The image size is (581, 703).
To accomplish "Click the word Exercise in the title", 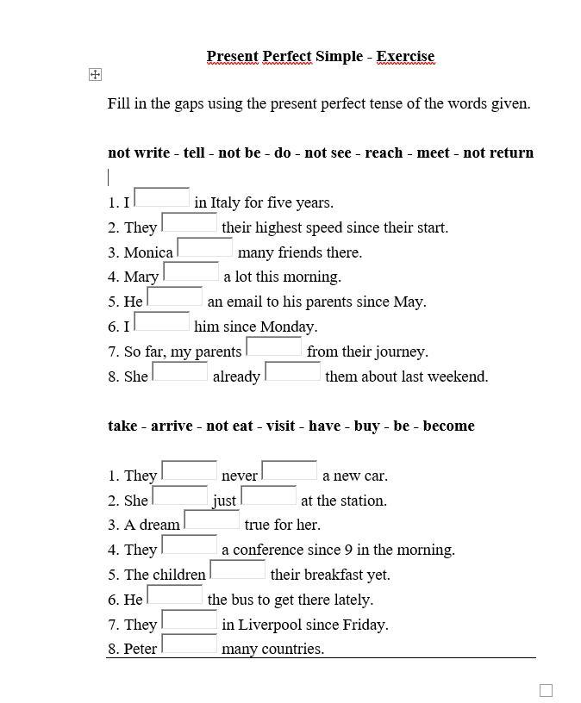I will (405, 57).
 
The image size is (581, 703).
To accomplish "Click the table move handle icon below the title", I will (95, 75).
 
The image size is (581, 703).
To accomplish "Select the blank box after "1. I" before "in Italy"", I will (161, 198).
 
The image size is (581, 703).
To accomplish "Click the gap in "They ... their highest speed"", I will (189, 223).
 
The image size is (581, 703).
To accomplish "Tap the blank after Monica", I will (204, 248).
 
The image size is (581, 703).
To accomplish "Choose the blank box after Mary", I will (191, 272).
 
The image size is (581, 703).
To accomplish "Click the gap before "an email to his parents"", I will (174, 297).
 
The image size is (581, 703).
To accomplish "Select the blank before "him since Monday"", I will (161, 322).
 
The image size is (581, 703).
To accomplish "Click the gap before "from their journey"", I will (273, 347).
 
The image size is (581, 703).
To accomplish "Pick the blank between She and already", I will (179, 372).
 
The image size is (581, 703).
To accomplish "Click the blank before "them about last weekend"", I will (292, 372).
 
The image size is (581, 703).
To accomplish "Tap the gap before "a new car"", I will (289, 471).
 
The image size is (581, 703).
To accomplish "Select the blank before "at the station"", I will (268, 496).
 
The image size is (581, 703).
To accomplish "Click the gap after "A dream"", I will (211, 520).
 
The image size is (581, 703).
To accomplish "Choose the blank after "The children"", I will (237, 570).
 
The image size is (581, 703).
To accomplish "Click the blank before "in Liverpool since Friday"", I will (189, 620).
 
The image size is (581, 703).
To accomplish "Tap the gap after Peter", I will (189, 644).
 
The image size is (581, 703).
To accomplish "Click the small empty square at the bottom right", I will (546, 690).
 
